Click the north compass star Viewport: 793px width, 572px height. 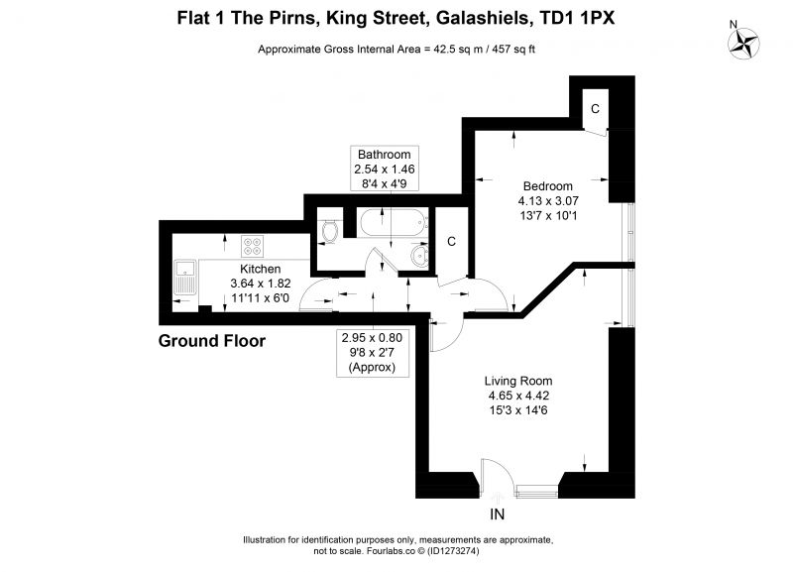click(x=742, y=43)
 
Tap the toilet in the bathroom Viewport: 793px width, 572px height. click(x=330, y=231)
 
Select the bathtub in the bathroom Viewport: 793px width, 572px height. click(x=393, y=222)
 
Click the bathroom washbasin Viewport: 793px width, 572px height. click(x=419, y=257)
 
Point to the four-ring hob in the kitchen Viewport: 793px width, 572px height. click(x=253, y=246)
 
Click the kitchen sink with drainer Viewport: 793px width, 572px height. click(x=185, y=278)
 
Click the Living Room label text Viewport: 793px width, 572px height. click(x=518, y=381)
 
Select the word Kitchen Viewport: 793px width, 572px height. click(x=260, y=269)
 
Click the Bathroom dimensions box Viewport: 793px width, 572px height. click(x=385, y=169)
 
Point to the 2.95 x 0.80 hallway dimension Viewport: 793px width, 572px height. click(x=373, y=338)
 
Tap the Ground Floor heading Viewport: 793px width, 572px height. click(x=212, y=341)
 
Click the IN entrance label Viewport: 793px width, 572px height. click(x=498, y=515)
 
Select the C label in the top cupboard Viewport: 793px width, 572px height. click(x=596, y=109)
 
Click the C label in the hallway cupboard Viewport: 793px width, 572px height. click(x=452, y=242)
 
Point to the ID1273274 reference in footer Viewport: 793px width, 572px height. click(x=453, y=551)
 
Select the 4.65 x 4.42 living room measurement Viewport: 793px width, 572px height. click(x=518, y=396)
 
